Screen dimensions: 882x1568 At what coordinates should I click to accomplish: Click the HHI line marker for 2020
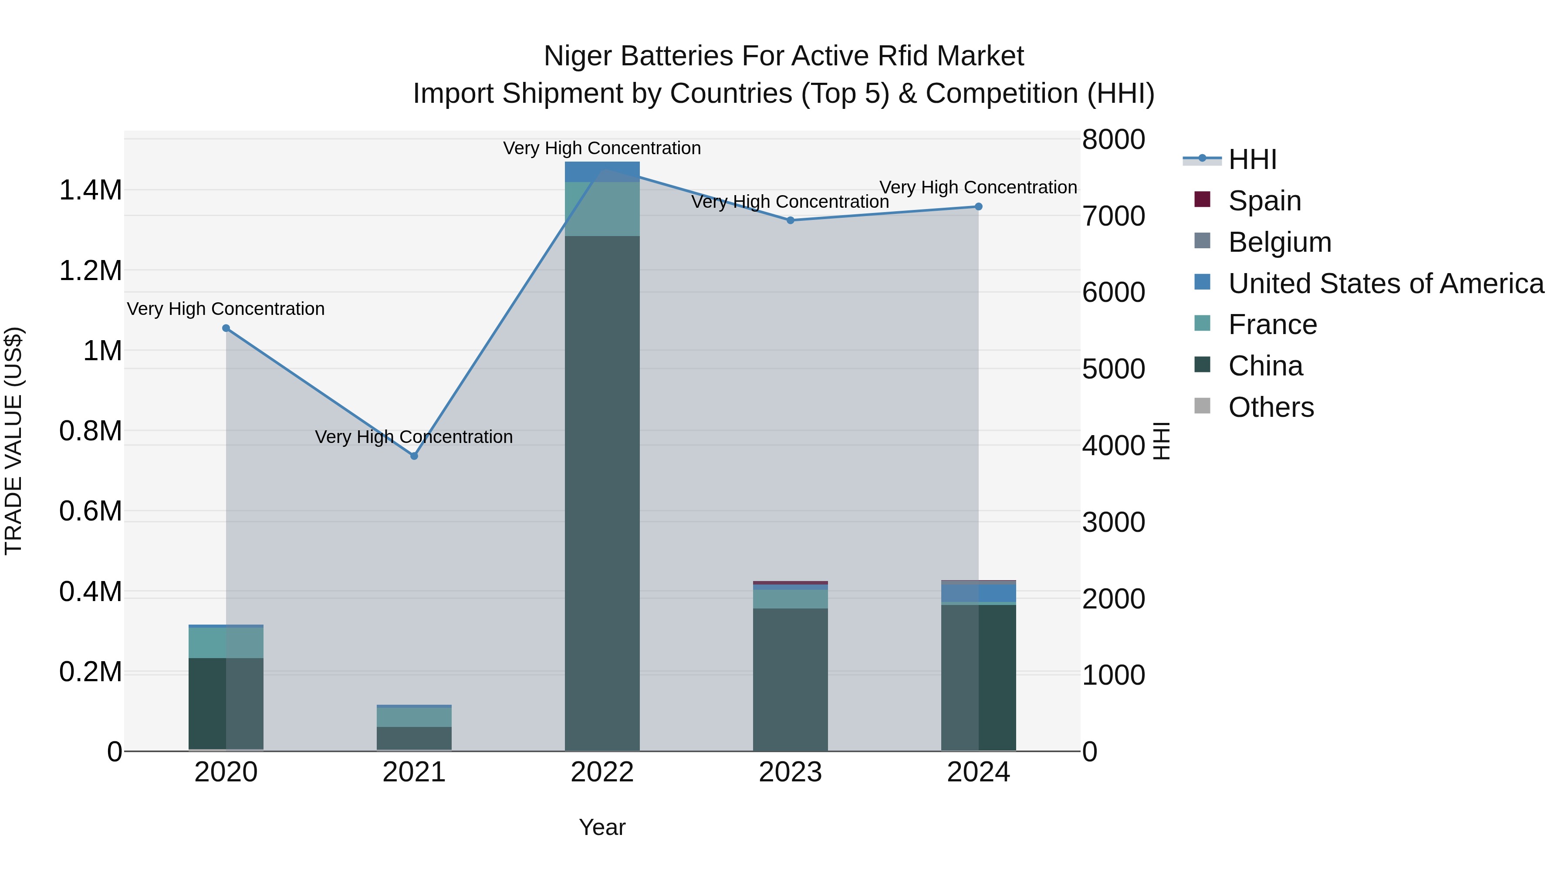click(226, 328)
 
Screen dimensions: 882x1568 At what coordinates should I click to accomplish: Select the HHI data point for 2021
click(414, 456)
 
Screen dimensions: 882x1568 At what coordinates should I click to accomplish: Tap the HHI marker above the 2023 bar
click(790, 220)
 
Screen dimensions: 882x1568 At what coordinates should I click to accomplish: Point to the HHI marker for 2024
click(978, 207)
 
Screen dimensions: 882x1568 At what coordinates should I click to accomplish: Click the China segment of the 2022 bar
click(602, 493)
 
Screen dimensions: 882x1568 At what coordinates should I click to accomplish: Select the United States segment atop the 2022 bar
click(602, 172)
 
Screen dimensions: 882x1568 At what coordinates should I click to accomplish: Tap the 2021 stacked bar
click(414, 728)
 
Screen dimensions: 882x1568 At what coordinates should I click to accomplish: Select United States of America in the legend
click(1386, 284)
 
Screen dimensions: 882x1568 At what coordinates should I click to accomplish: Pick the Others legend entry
click(1271, 407)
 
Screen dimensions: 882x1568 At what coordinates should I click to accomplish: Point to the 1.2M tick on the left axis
click(90, 270)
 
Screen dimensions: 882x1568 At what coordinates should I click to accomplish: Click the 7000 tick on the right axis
click(1113, 216)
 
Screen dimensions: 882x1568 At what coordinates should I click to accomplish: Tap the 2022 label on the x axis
click(602, 772)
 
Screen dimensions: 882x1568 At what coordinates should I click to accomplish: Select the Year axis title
click(602, 827)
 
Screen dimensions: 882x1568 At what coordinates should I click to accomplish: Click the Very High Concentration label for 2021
click(414, 437)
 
